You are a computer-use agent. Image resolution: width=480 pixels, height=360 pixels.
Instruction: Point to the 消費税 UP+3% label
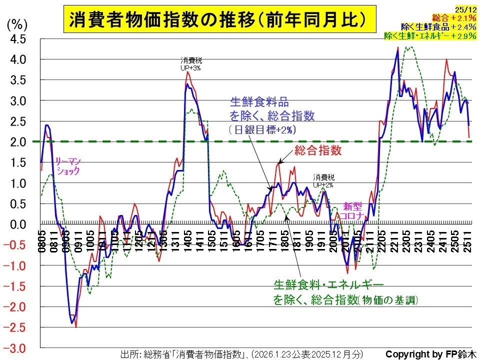[191, 64]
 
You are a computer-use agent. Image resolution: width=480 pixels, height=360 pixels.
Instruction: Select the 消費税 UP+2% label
[324, 181]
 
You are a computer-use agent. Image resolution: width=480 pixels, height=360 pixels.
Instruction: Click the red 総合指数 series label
[318, 150]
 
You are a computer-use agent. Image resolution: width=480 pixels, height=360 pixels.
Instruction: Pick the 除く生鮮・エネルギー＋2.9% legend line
[430, 35]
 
